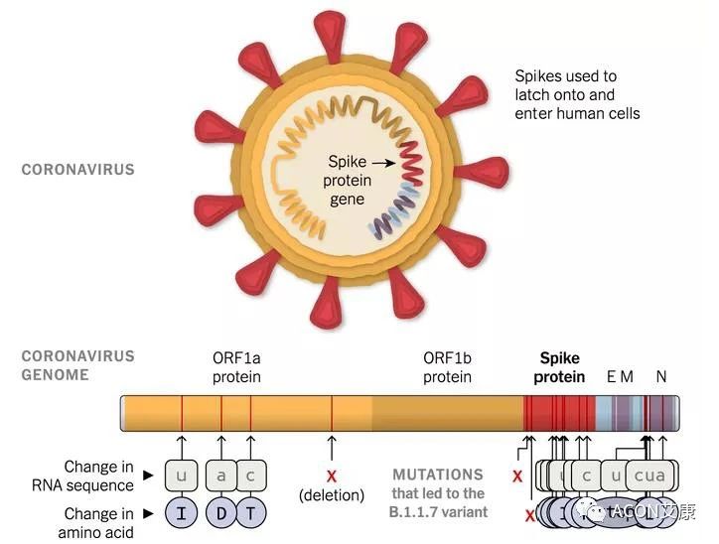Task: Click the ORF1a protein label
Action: point(236,367)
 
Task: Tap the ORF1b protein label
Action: point(447,367)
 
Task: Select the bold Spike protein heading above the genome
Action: point(559,367)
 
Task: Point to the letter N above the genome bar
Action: point(661,376)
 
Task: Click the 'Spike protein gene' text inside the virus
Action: point(348,181)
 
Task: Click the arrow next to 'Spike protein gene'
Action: point(383,161)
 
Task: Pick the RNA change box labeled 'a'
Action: point(221,476)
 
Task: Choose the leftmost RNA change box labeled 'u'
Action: point(182,476)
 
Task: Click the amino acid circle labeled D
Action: point(221,513)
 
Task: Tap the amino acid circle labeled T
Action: point(251,513)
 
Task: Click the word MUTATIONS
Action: point(437,475)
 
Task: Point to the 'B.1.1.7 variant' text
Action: point(438,512)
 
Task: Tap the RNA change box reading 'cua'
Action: point(649,476)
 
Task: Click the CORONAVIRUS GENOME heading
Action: point(77,365)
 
